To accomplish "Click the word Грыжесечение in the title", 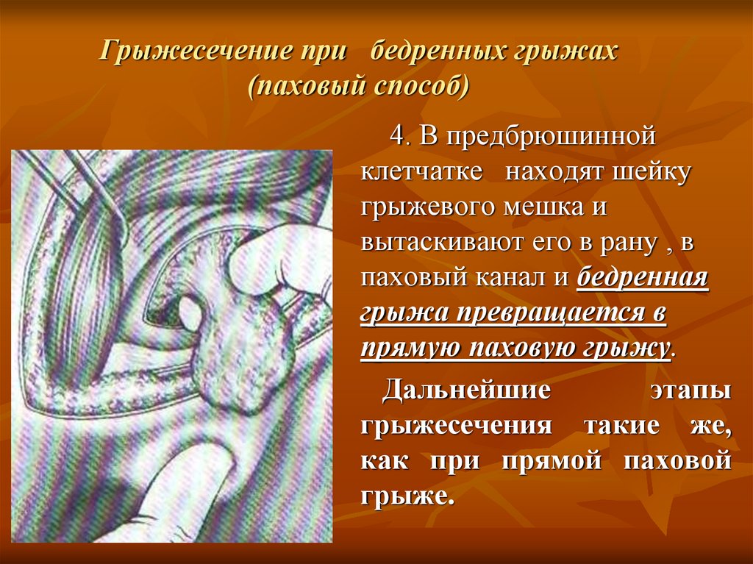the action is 195,51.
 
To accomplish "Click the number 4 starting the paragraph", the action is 396,135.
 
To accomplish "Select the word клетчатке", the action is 421,171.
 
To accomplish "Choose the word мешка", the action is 543,207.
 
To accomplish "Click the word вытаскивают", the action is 442,243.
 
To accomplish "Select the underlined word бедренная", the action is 643,278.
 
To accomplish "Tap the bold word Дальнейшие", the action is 465,389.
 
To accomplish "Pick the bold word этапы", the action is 690,390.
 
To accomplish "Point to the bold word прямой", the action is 552,461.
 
